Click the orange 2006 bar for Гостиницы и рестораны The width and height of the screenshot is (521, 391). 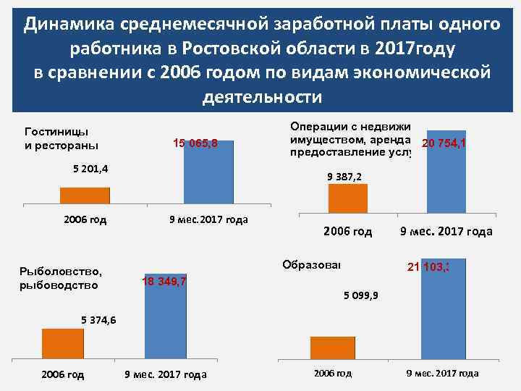85,195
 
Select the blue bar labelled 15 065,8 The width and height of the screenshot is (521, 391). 209,172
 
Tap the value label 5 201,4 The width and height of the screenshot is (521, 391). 91,169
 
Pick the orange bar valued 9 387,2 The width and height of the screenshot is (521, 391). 348,198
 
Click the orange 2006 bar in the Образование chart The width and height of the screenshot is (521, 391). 332,348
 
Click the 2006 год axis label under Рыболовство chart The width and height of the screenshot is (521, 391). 62,374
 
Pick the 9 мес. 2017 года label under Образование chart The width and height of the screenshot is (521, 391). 441,374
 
